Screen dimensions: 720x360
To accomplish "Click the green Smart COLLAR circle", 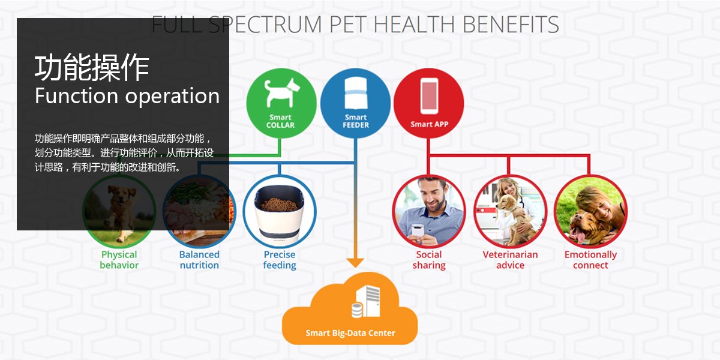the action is pyautogui.click(x=281, y=103).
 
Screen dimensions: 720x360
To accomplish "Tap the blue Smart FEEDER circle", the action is pyautogui.click(x=355, y=103).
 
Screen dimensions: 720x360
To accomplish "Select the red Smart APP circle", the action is pyautogui.click(x=429, y=103).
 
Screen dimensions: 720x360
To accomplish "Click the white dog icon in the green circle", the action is pyautogui.click(x=281, y=92).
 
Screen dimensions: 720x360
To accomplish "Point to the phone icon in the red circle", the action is pyautogui.click(x=429, y=96).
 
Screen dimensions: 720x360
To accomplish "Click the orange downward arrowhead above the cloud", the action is pyautogui.click(x=355, y=263).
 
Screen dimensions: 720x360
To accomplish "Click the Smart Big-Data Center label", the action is pyautogui.click(x=350, y=333).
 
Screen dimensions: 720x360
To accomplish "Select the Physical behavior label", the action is pyautogui.click(x=119, y=260).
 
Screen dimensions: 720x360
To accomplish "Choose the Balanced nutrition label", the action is pyautogui.click(x=199, y=260).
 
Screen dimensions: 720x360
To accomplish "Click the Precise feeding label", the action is pyautogui.click(x=280, y=260).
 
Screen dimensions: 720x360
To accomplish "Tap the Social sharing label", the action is pyautogui.click(x=429, y=260).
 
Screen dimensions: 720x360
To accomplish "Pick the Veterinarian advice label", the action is pyautogui.click(x=510, y=260).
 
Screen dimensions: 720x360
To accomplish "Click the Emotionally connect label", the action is pyautogui.click(x=590, y=260).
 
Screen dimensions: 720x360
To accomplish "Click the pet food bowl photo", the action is pyautogui.click(x=280, y=211).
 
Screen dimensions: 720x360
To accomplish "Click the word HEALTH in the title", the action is pyautogui.click(x=414, y=25).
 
